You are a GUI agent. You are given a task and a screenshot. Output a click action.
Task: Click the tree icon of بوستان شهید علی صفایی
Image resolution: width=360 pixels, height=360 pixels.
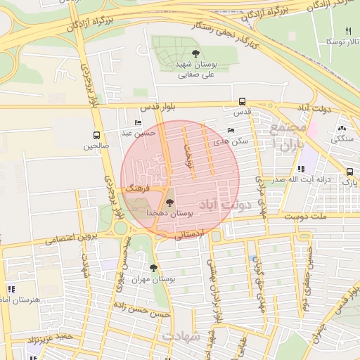pyautogui.click(x=195, y=53)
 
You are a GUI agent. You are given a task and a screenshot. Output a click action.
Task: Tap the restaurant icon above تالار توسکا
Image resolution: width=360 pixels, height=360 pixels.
pyautogui.click(x=348, y=31)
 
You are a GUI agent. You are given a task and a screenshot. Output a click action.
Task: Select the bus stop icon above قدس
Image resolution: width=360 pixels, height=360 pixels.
pyautogui.click(x=242, y=101)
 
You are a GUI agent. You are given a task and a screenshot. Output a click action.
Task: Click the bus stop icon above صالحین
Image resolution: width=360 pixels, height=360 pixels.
pyautogui.click(x=96, y=135)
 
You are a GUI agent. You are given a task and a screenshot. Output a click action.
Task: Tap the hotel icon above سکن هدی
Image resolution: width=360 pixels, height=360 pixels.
pyautogui.click(x=232, y=130)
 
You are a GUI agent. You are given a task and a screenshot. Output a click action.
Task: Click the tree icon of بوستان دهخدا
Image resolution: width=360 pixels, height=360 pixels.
pyautogui.click(x=169, y=202)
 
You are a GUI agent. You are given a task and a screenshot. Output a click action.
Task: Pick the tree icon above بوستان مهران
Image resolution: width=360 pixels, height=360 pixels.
pyautogui.click(x=153, y=268)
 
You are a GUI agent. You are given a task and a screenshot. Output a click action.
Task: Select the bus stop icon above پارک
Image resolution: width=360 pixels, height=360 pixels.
pyautogui.click(x=349, y=172)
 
